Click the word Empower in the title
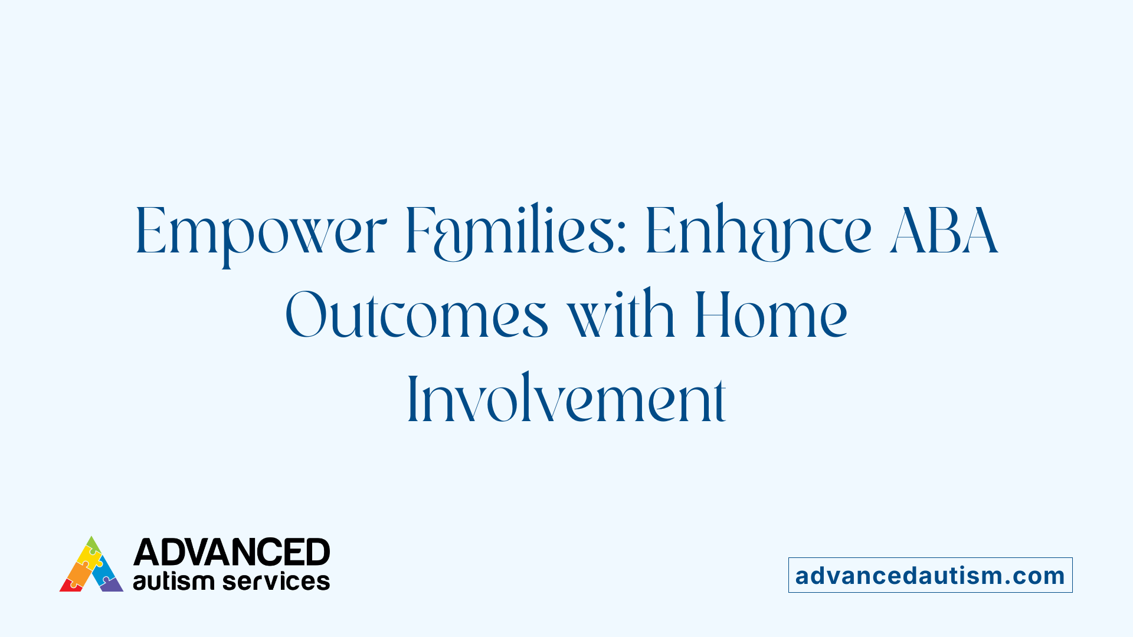coord(261,231)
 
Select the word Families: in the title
coord(515,231)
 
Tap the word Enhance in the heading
coord(758,231)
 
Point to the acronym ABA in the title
coord(944,231)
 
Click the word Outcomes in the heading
coord(417,316)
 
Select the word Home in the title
coord(771,316)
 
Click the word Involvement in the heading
coord(566,400)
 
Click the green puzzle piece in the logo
coord(92,544)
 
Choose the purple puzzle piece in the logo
coord(112,585)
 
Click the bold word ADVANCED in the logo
coord(231,553)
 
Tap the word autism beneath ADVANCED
coord(173,582)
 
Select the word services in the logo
coord(276,582)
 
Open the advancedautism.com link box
coord(930,575)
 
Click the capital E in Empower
coord(150,231)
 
